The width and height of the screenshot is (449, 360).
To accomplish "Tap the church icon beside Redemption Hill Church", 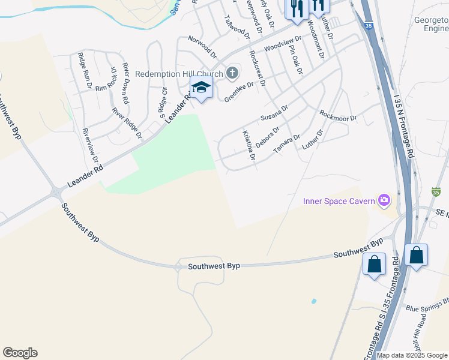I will tap(232, 74).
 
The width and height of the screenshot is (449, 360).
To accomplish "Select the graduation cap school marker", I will tap(201, 87).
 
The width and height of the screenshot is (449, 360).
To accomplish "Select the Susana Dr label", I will tap(274, 113).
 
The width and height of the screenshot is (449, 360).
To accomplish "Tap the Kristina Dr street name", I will tap(249, 146).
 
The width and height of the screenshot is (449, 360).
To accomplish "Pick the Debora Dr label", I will tap(268, 137).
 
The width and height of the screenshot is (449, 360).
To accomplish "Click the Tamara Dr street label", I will tap(287, 145).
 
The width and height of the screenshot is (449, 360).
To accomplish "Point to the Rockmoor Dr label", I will tap(338, 115).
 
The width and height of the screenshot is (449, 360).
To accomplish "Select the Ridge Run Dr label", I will tap(84, 71).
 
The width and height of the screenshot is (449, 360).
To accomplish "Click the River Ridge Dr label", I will tap(127, 123).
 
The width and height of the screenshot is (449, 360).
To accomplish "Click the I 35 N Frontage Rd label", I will tap(403, 126).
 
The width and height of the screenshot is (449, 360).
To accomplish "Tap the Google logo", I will tap(20, 353).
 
